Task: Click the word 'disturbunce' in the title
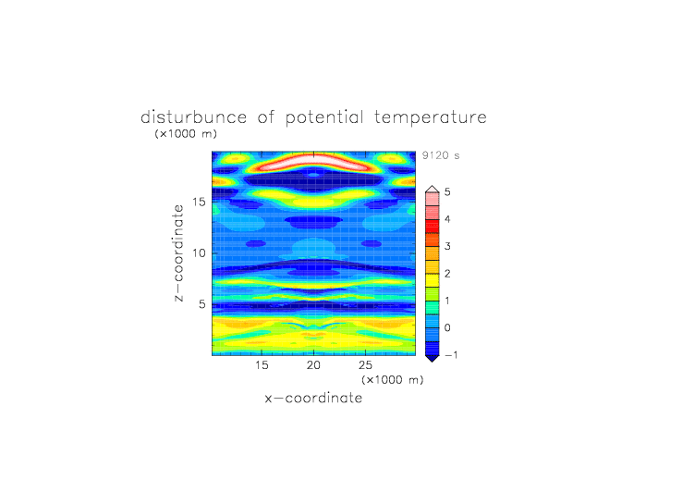pos(193,117)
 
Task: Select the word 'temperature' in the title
pos(431,118)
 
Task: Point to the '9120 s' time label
pos(441,155)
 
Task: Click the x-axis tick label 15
pos(262,365)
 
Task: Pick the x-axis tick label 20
pos(313,365)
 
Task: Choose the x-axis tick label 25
pos(365,365)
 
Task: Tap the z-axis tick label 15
pos(199,202)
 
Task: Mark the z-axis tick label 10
pos(199,253)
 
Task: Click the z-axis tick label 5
pos(202,304)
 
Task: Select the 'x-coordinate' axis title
pos(313,398)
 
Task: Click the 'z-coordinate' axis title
pos(178,253)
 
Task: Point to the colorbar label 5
pos(447,192)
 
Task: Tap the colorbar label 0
pos(447,328)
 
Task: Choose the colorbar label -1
pos(451,355)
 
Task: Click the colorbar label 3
pos(447,246)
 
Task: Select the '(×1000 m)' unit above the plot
pos(186,133)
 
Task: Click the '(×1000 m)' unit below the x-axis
pos(392,380)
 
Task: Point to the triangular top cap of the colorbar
pos(433,189)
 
